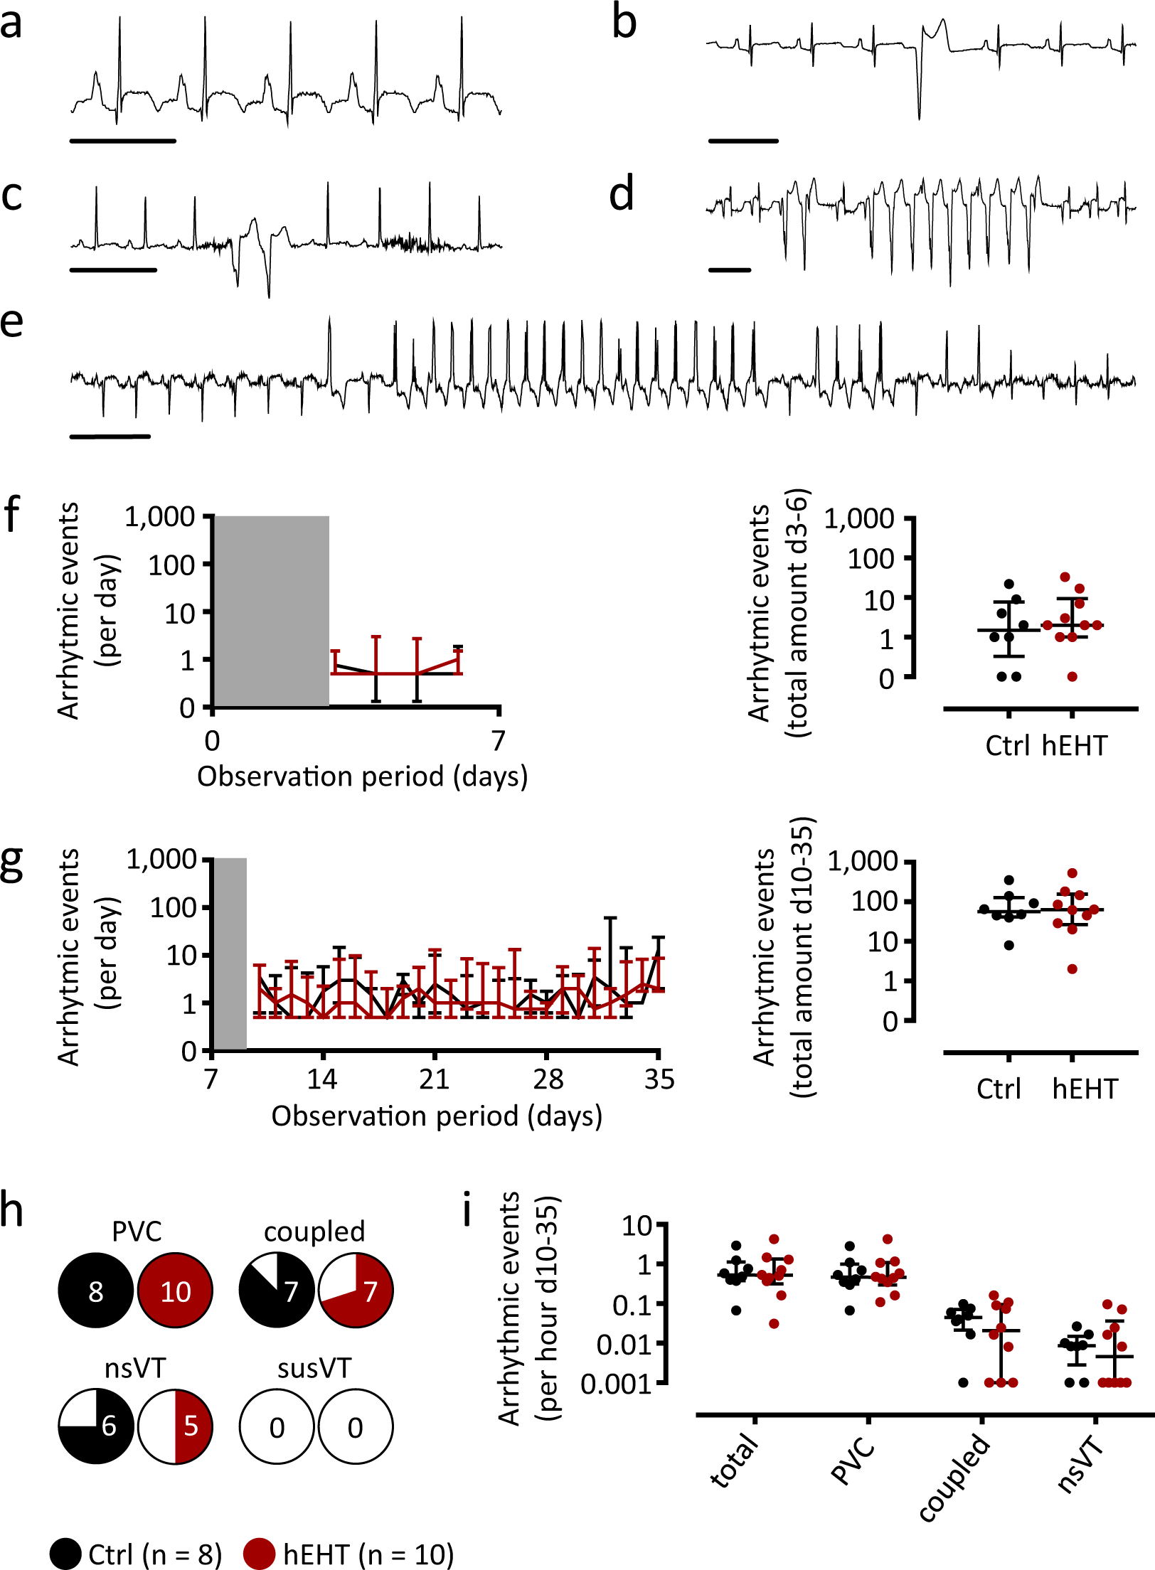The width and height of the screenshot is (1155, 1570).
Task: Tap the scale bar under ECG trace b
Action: pos(743,141)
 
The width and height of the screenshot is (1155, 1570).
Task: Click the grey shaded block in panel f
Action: pos(271,611)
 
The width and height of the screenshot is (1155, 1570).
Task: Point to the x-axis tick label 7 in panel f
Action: pos(499,741)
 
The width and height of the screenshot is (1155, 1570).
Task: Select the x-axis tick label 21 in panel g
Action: pos(434,1079)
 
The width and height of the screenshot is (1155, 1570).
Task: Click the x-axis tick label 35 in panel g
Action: pos(659,1079)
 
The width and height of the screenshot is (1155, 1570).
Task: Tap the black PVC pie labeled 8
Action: pos(96,1291)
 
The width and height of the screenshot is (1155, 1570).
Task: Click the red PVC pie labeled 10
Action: pos(175,1291)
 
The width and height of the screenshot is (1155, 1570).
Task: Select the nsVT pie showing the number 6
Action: pos(96,1426)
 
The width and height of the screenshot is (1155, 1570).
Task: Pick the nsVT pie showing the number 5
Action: pos(175,1426)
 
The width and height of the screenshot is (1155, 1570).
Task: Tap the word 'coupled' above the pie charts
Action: pos(314,1231)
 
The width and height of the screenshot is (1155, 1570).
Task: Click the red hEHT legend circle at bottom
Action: pos(259,1554)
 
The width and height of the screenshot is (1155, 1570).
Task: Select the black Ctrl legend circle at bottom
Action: pos(65,1554)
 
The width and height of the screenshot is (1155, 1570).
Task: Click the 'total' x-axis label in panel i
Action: pos(735,1460)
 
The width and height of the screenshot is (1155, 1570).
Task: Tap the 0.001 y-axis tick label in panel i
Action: pos(616,1384)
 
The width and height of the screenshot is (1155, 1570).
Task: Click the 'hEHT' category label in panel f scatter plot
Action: pos(1075,745)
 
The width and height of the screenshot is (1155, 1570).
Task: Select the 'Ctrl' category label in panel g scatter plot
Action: pos(999,1089)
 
